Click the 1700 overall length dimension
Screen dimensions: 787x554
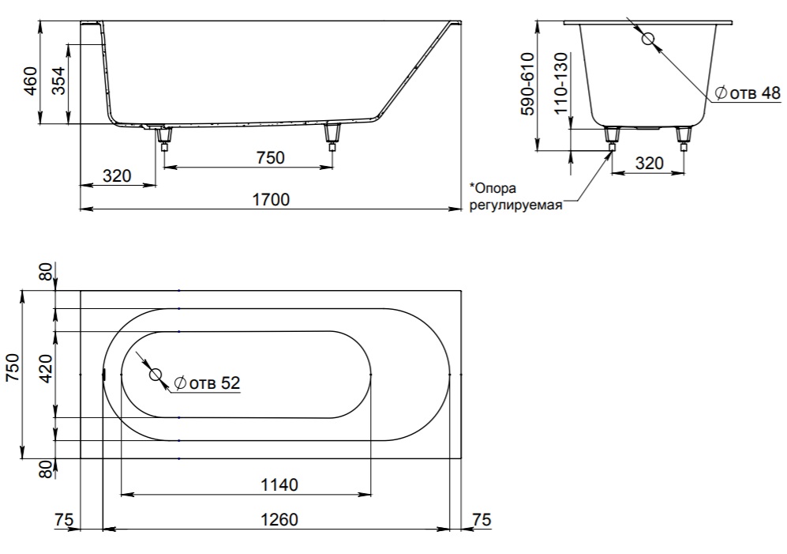tap(271, 200)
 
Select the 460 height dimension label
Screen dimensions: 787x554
tap(30, 81)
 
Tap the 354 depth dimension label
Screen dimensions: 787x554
tap(58, 81)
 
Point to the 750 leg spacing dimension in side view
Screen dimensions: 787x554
tap(271, 158)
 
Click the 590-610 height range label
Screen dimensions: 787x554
tap(527, 85)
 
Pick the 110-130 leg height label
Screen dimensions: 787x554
tap(560, 84)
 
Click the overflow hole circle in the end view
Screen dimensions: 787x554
tap(649, 39)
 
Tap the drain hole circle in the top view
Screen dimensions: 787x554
tap(155, 375)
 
